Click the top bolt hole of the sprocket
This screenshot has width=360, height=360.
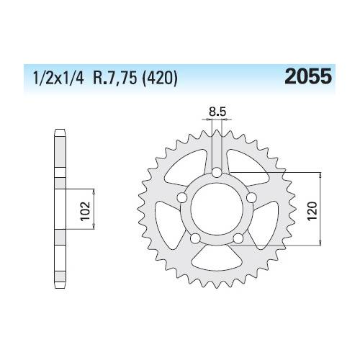[x=217, y=172]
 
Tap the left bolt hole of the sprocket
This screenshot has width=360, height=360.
[x=183, y=198]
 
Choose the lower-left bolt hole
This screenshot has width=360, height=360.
[x=196, y=238]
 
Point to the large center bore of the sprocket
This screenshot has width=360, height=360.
[x=217, y=210]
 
